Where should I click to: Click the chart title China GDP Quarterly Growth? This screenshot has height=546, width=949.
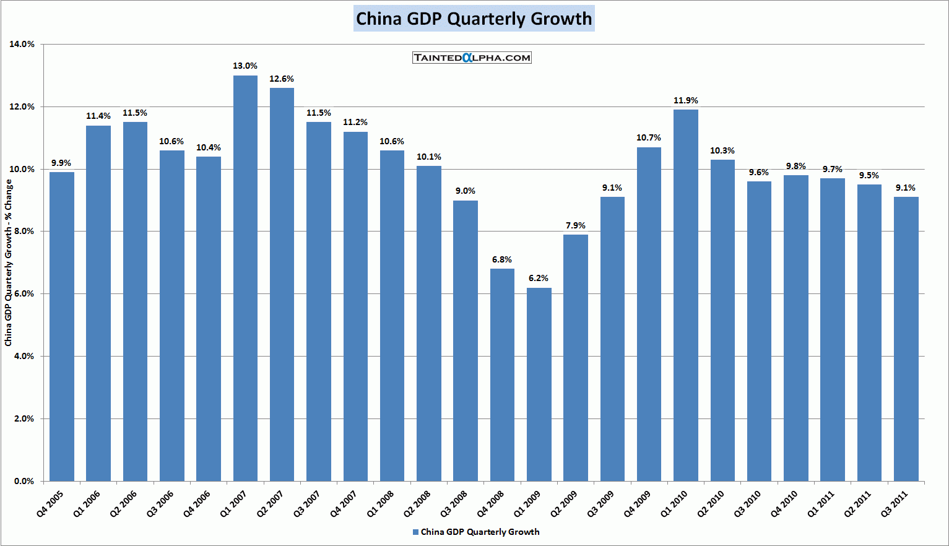[x=474, y=19]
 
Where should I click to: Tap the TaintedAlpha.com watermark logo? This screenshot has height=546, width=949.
[x=472, y=58]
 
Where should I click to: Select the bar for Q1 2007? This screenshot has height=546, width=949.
[x=245, y=279]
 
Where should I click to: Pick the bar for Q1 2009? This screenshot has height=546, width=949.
[x=539, y=384]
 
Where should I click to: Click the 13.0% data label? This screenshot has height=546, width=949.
[x=245, y=66]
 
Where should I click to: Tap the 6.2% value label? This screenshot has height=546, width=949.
[x=539, y=279]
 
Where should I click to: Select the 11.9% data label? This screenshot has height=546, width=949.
[x=686, y=100]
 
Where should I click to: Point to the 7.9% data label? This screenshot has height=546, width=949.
[x=576, y=225]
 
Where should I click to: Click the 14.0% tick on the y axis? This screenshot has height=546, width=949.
[x=22, y=45]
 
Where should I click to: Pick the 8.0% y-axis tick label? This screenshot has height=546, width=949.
[x=22, y=232]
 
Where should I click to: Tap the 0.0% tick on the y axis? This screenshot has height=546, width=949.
[x=22, y=481]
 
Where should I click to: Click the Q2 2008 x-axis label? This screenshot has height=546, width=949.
[x=417, y=504]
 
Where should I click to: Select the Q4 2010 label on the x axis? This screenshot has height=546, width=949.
[x=784, y=504]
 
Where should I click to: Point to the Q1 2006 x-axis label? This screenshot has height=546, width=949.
[x=87, y=504]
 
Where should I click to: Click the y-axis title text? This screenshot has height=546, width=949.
[x=9, y=262]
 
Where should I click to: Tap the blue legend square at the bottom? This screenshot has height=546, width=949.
[x=415, y=532]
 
